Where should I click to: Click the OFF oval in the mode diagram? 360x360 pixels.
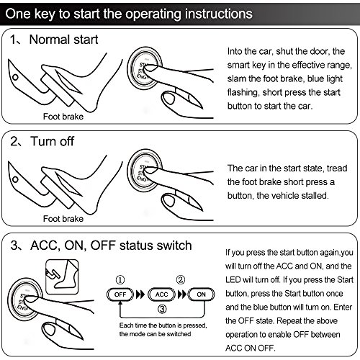pos(120,294)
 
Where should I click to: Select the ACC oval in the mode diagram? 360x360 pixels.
pos(161,294)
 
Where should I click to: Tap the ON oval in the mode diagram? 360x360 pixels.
pos(201,294)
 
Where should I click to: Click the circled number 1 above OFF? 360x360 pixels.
pos(120,280)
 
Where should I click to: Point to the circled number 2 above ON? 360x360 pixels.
pos(181,280)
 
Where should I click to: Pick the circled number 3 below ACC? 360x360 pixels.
pos(162,309)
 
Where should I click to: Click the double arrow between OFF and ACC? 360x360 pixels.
pos(140,294)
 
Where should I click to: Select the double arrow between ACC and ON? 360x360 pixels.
pos(182,294)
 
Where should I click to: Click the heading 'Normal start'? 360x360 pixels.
pos(63,40)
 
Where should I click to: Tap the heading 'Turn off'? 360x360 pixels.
pos(53,141)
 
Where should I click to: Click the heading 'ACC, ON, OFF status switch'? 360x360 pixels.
pos(111,246)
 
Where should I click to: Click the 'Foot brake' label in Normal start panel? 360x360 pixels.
pos(63,117)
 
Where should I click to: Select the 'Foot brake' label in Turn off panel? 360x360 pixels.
pos(63,219)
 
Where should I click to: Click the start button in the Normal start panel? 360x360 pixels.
pos(145,68)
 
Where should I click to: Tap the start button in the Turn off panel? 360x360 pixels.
pos(145,171)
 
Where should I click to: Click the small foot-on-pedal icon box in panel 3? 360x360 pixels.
pos(62,276)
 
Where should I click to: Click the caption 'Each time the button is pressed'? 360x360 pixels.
pos(163,325)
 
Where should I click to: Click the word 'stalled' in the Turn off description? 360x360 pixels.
pos(315,196)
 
